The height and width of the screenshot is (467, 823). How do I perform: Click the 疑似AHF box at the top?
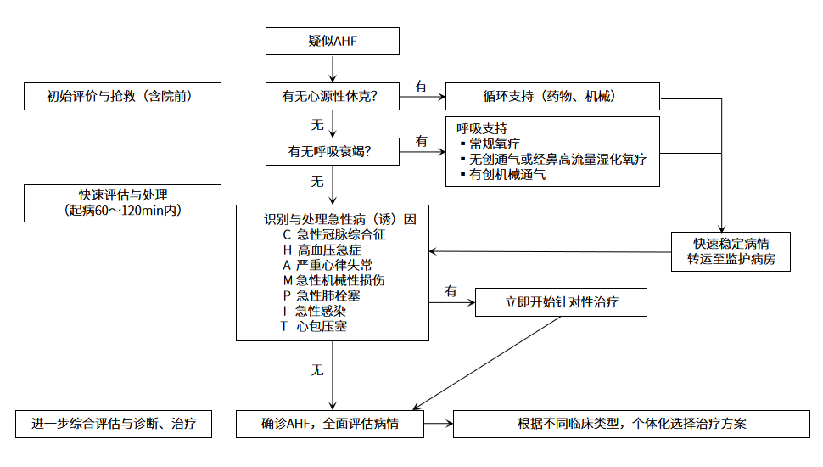(332, 40)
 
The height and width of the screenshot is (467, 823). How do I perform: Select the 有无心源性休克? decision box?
(332, 97)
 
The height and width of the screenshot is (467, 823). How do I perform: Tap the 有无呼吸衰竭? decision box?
(332, 153)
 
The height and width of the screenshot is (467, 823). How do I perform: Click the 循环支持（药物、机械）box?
(552, 97)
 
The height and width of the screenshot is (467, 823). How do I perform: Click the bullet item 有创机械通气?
(507, 174)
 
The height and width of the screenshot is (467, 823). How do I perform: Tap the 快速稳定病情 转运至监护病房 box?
(731, 251)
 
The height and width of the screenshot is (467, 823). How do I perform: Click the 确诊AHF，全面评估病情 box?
(330, 424)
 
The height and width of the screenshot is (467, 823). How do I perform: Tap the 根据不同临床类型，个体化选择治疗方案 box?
(632, 424)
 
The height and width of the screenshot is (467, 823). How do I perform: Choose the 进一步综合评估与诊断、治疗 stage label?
(114, 424)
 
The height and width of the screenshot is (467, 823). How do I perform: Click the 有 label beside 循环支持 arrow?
(421, 86)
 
